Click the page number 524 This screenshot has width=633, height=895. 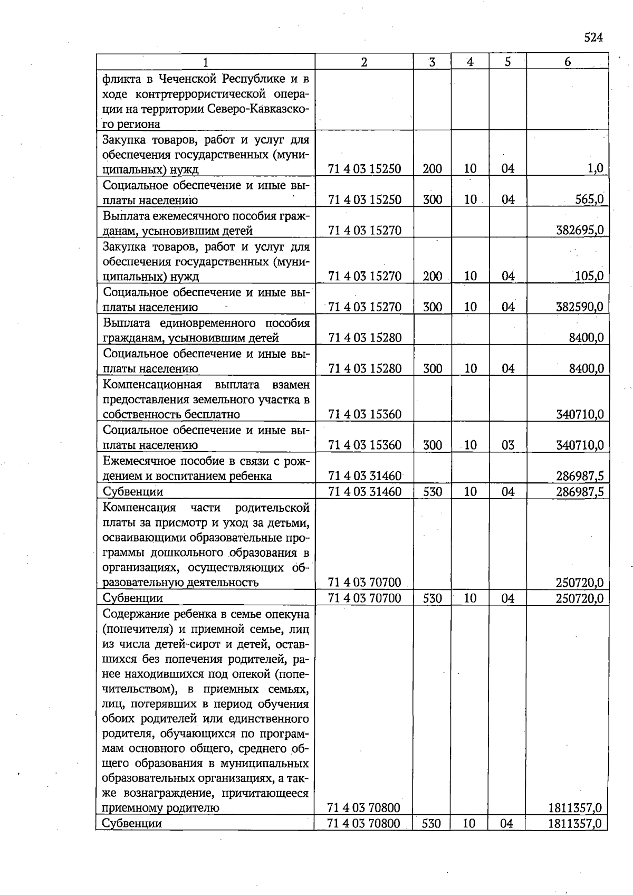(x=593, y=37)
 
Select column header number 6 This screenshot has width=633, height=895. (x=567, y=62)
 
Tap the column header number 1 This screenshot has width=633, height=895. (x=205, y=62)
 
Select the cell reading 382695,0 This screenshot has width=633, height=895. (x=580, y=230)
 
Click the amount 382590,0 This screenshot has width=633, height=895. (x=580, y=307)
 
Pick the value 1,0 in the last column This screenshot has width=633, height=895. (x=596, y=169)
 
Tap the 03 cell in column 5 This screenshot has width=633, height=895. (x=507, y=445)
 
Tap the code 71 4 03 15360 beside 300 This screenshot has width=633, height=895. (x=365, y=445)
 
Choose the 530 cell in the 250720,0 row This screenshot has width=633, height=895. (x=432, y=598)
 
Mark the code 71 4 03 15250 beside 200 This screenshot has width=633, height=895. (x=365, y=169)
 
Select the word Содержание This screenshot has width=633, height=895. (x=136, y=614)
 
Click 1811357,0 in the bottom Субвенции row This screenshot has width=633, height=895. (x=574, y=823)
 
